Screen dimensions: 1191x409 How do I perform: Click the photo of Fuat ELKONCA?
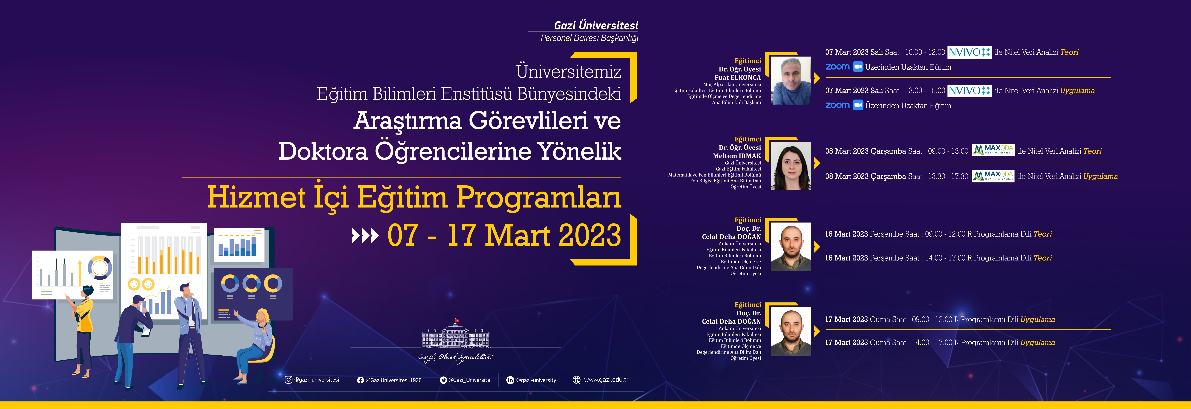tap(791, 81)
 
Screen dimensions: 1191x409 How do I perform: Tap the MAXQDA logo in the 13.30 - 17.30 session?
tap(993, 176)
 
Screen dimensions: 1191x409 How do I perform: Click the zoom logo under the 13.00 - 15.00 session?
tap(837, 105)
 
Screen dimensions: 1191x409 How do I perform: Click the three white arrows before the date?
tap(365, 236)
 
